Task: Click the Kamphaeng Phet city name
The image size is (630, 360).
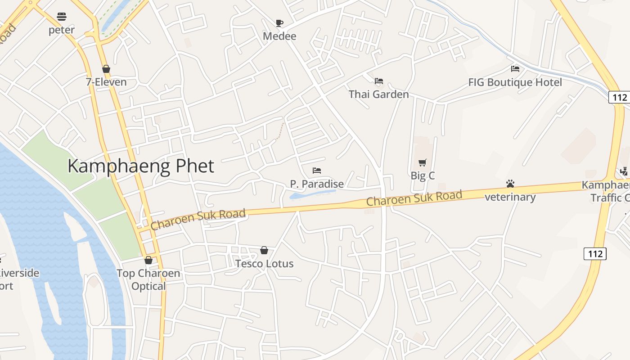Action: (x=140, y=166)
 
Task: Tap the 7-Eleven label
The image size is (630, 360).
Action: (x=106, y=82)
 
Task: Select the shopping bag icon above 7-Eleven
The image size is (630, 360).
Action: (x=106, y=69)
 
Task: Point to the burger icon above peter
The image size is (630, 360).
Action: (x=62, y=17)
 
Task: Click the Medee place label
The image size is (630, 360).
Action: (x=279, y=36)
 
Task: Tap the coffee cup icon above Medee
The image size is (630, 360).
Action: (x=279, y=22)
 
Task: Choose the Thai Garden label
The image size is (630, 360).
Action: (x=379, y=94)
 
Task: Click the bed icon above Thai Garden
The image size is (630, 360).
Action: (x=379, y=81)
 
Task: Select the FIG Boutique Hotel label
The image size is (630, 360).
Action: (x=515, y=82)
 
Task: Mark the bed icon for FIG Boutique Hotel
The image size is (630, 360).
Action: (x=515, y=69)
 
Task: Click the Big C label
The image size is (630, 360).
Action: (x=423, y=175)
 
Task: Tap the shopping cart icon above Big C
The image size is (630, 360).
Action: (x=422, y=162)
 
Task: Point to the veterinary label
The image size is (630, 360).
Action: (x=510, y=197)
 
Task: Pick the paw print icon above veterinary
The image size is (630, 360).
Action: (x=510, y=184)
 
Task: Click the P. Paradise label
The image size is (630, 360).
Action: (x=317, y=184)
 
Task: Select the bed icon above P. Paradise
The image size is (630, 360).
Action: (x=317, y=171)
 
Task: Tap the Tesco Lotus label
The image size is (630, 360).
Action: (x=264, y=264)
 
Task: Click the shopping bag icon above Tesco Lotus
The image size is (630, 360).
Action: (x=264, y=250)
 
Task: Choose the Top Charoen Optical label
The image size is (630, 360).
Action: (x=148, y=279)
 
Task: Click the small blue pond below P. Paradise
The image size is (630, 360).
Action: (x=310, y=194)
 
